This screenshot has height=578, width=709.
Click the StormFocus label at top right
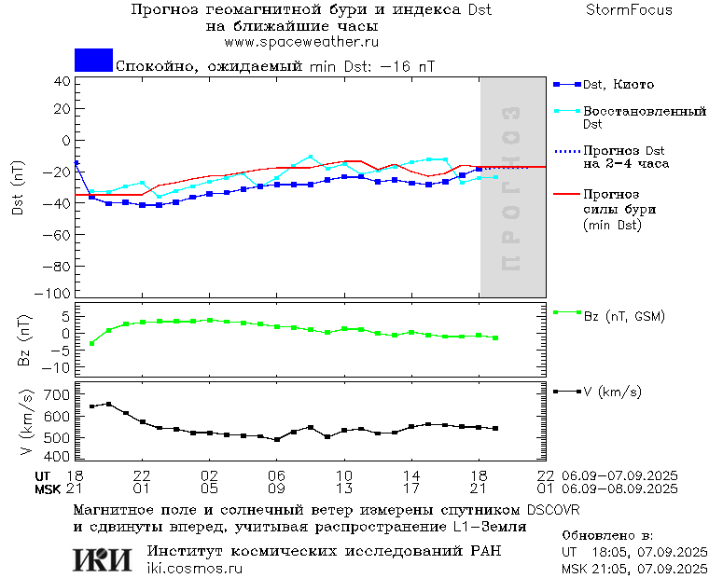click(x=630, y=10)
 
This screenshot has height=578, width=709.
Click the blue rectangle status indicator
click(x=93, y=61)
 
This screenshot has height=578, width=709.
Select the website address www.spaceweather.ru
click(x=294, y=42)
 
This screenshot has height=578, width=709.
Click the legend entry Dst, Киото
click(x=614, y=85)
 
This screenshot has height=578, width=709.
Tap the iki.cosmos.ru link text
click(x=195, y=568)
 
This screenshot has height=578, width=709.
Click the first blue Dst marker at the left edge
click(x=76, y=163)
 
